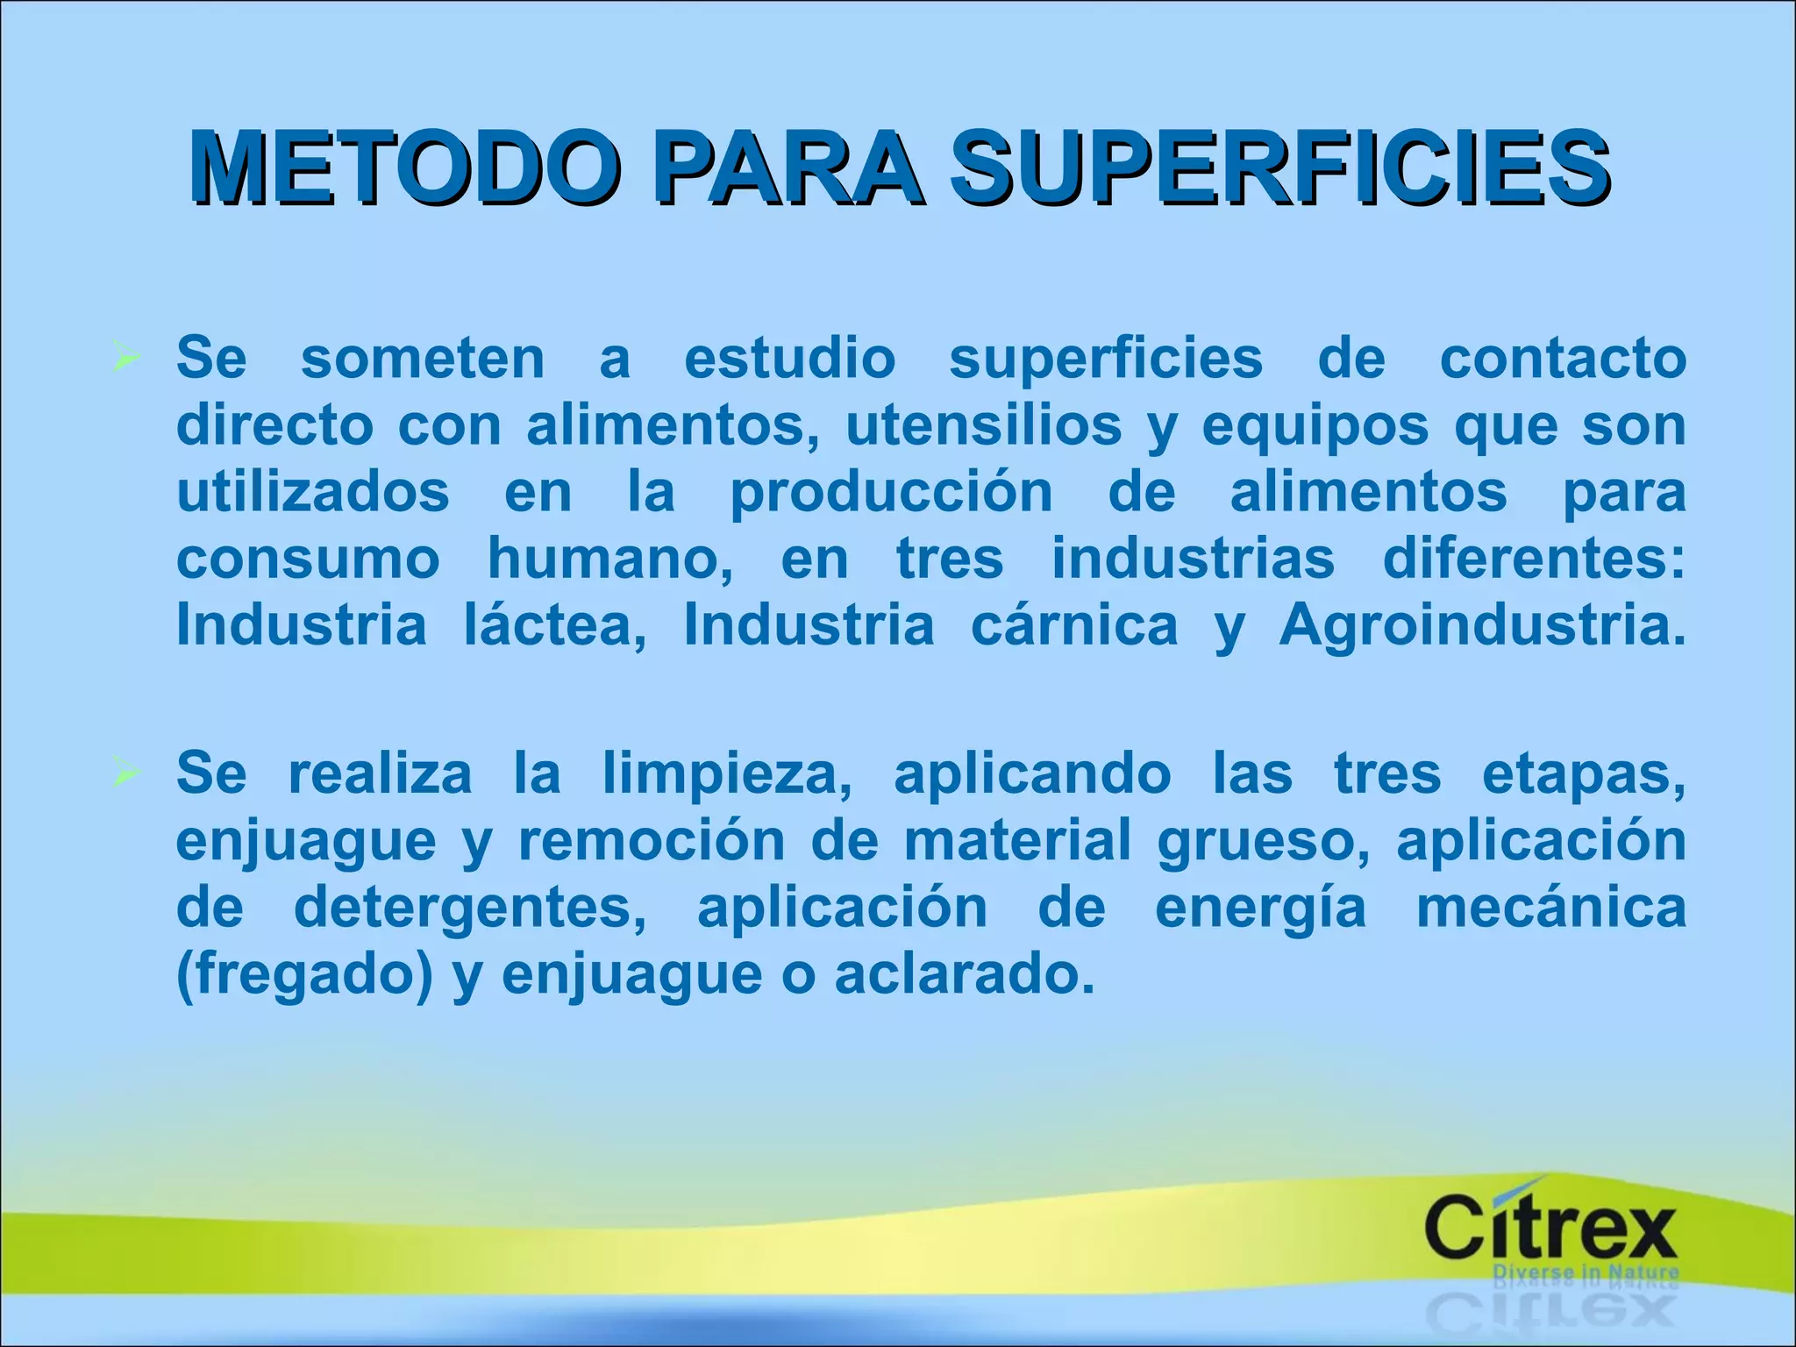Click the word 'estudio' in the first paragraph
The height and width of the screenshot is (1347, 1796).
(789, 359)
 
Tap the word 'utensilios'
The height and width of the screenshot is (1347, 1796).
(983, 426)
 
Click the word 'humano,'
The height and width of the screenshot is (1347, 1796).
(610, 559)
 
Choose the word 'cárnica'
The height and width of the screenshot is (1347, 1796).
(1074, 626)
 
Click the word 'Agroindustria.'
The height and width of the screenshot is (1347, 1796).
(1482, 626)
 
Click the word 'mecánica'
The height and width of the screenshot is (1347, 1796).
(1551, 908)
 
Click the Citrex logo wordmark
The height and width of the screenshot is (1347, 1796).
(1550, 1229)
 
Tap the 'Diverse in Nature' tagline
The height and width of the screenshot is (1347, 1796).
(1586, 1272)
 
